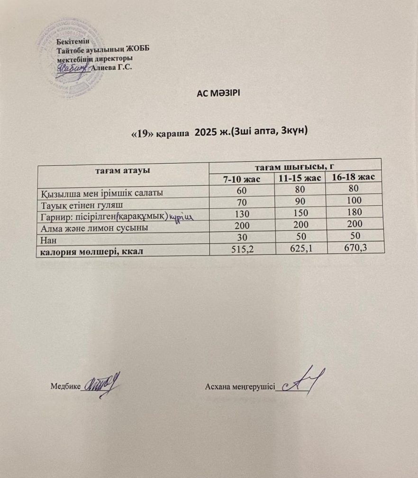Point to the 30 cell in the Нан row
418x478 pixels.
pos(241,239)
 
